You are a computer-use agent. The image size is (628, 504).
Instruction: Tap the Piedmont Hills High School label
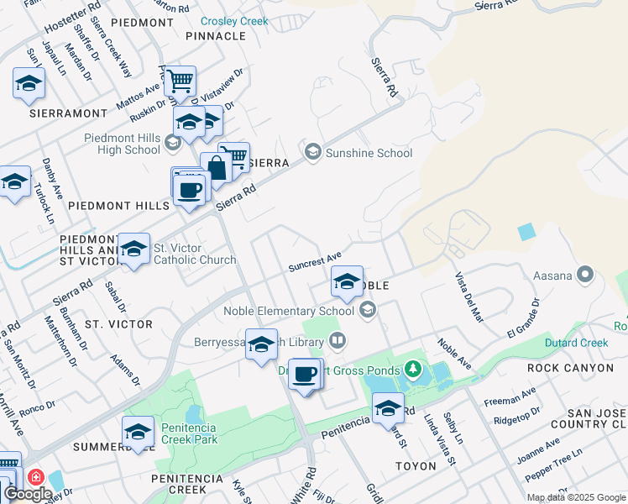coord(122,144)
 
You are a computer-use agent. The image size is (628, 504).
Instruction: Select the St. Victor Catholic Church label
coord(194,254)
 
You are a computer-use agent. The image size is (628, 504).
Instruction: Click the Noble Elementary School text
coord(289,311)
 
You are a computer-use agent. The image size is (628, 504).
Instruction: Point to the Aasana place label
coord(552,275)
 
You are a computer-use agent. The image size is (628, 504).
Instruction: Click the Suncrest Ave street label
coord(315,262)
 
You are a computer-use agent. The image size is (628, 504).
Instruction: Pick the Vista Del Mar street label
coord(470,297)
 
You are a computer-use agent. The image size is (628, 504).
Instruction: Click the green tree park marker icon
coord(411,368)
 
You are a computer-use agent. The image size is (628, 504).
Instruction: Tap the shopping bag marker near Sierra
coord(216,168)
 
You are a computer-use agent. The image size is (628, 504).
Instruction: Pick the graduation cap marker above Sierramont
coord(29,83)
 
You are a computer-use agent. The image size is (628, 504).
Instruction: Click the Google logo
coord(28,493)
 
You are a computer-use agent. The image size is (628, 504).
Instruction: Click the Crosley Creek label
coord(235,21)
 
